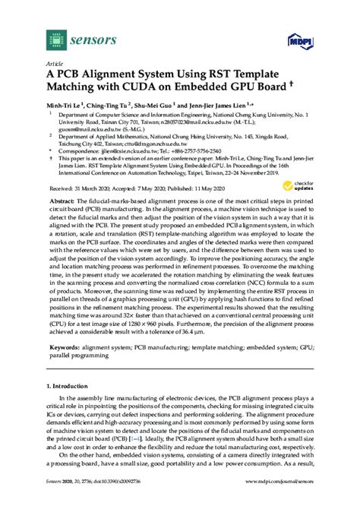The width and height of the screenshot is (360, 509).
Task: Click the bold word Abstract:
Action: (x=62, y=217)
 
